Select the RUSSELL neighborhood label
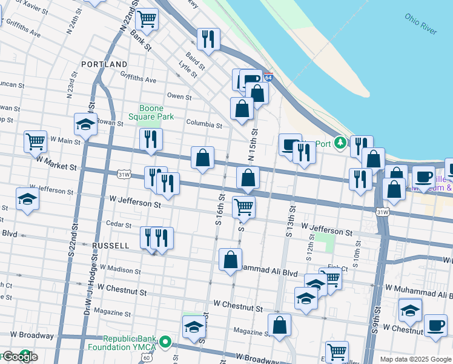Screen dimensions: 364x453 110,246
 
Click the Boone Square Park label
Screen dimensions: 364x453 151,112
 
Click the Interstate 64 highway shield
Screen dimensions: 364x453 268,78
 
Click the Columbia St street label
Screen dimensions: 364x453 204,124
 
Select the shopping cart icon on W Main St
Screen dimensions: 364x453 36,141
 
